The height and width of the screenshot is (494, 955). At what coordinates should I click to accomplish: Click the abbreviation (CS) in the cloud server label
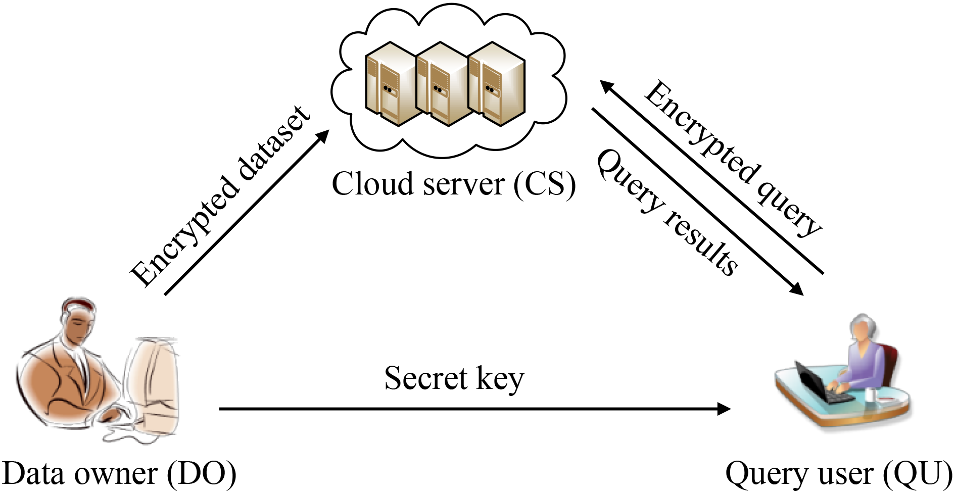(x=545, y=184)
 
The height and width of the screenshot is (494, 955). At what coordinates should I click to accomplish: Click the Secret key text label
(x=454, y=378)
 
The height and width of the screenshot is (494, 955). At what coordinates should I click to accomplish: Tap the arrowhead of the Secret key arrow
(x=725, y=409)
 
